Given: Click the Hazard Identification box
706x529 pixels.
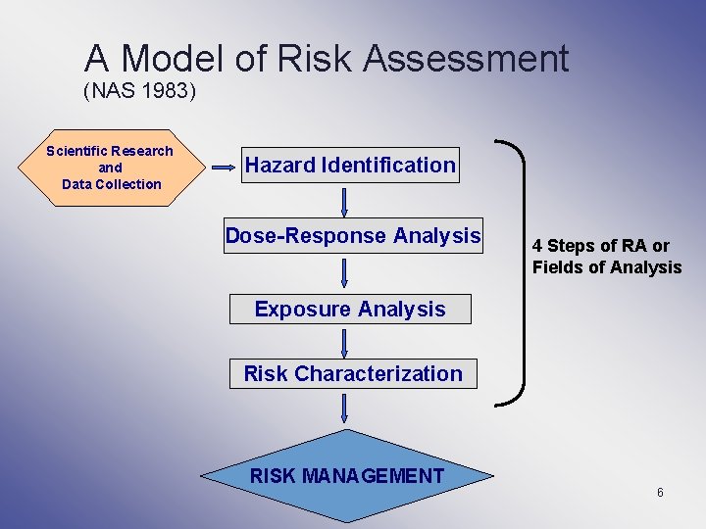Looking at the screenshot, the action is (350, 166).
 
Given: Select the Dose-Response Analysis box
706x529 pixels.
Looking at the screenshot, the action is (353, 236).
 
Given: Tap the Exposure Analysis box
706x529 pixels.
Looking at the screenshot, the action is (350, 310).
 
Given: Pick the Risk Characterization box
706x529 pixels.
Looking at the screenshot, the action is (353, 373).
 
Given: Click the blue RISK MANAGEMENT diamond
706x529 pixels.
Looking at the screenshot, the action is (347, 476).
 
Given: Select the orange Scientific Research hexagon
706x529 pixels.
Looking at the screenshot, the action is (110, 168).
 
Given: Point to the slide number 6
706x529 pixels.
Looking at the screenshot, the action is (660, 492).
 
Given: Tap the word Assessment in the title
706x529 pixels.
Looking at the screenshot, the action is (466, 60).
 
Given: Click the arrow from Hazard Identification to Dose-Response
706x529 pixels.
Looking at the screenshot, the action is (345, 201).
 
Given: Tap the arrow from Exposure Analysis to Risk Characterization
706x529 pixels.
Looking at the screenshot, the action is (345, 342).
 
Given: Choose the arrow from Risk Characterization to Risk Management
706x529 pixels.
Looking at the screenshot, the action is (345, 408).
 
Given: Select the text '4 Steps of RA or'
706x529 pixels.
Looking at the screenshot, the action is (600, 246).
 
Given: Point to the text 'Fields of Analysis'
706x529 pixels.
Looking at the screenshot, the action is (606, 267).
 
